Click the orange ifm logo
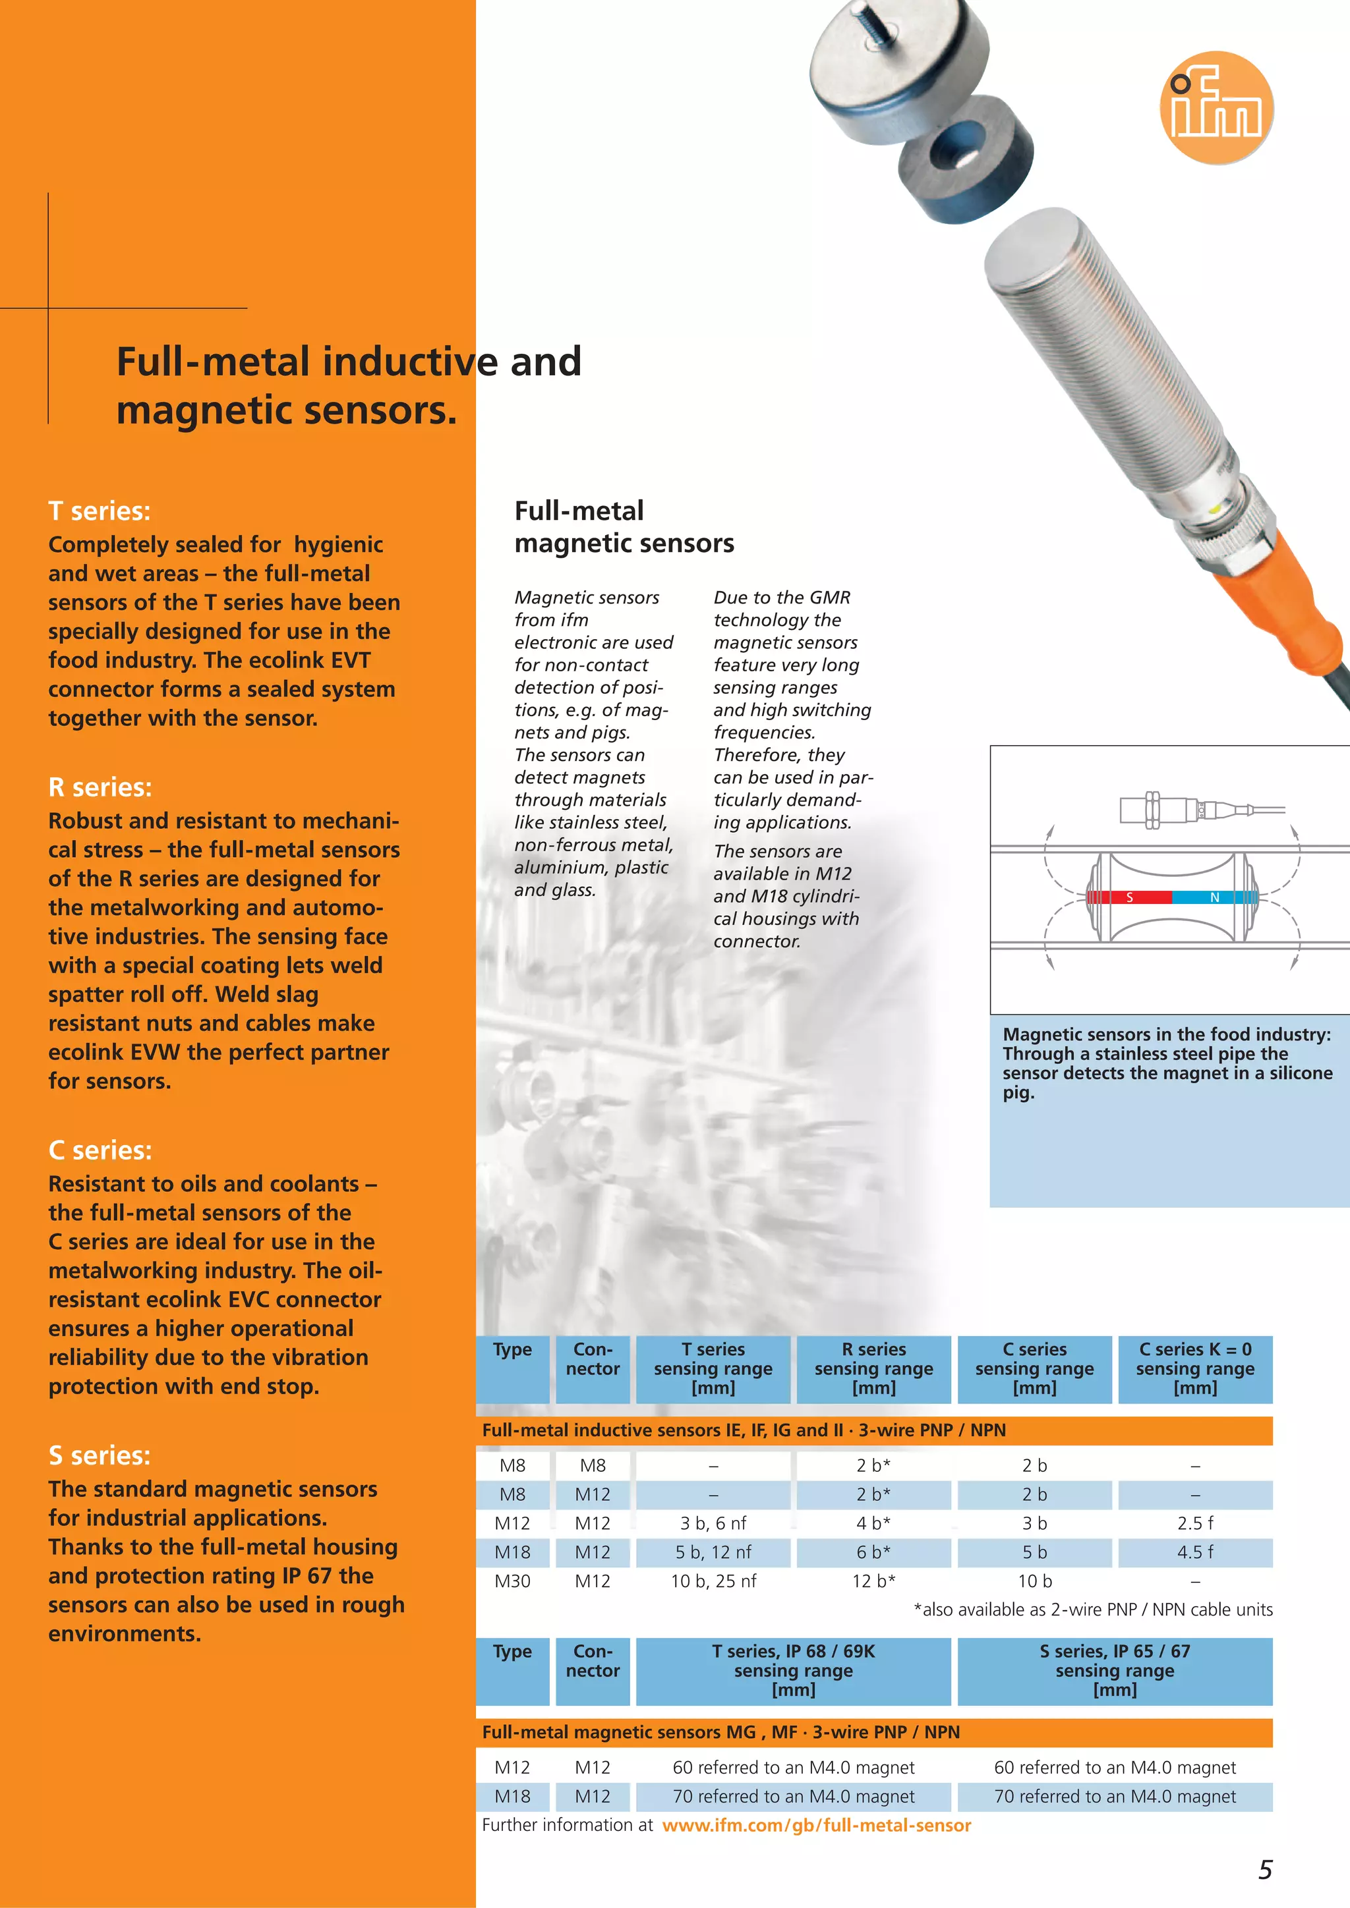coord(1216,108)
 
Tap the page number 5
coord(1264,1870)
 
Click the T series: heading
coord(100,511)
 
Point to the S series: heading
coord(100,1455)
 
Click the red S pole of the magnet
coord(1130,897)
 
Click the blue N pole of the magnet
coord(1214,897)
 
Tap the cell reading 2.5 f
coord(1194,1523)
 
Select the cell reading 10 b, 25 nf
coord(713,1581)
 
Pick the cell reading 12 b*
coord(873,1581)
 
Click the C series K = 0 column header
coord(1194,1368)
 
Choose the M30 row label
coord(512,1581)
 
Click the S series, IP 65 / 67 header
coord(1114,1670)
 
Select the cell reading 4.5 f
coord(1194,1552)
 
